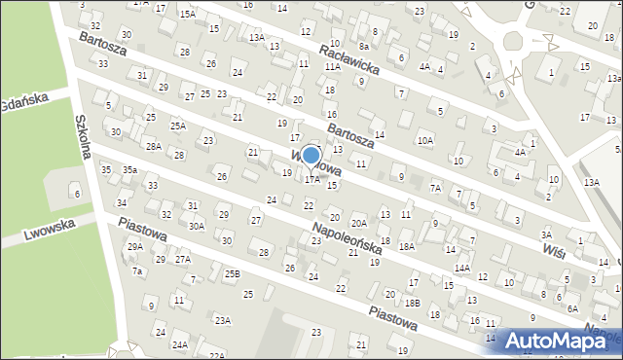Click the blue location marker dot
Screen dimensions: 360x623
click(311, 155)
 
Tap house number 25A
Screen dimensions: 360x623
click(178, 126)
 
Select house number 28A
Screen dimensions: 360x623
click(154, 146)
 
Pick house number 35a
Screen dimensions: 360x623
click(129, 170)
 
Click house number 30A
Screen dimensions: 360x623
click(197, 225)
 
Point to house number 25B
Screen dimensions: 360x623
click(232, 273)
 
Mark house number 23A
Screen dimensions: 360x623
click(223, 320)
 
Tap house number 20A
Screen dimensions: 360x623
click(359, 223)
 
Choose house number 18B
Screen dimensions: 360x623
click(413, 303)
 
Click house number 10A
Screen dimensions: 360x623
click(425, 141)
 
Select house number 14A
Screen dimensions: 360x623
click(461, 268)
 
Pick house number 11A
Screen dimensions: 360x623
click(333, 67)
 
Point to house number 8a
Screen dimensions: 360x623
click(364, 46)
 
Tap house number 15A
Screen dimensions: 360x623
click(187, 14)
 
